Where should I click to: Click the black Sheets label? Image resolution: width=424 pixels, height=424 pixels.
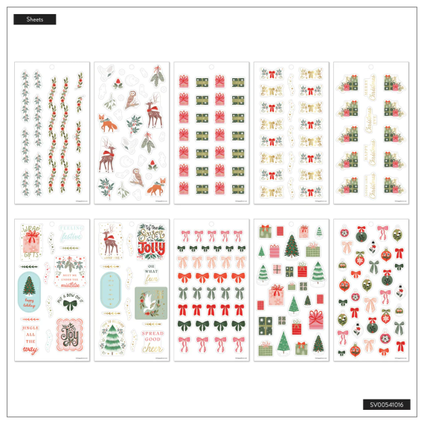[x=34, y=19]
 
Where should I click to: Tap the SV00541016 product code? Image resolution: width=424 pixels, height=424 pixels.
[x=385, y=405]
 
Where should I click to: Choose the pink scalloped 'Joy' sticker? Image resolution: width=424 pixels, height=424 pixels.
[x=71, y=333]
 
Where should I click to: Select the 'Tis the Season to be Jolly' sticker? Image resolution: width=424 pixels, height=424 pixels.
[x=150, y=243]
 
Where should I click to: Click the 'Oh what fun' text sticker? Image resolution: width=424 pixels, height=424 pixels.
[x=150, y=274]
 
